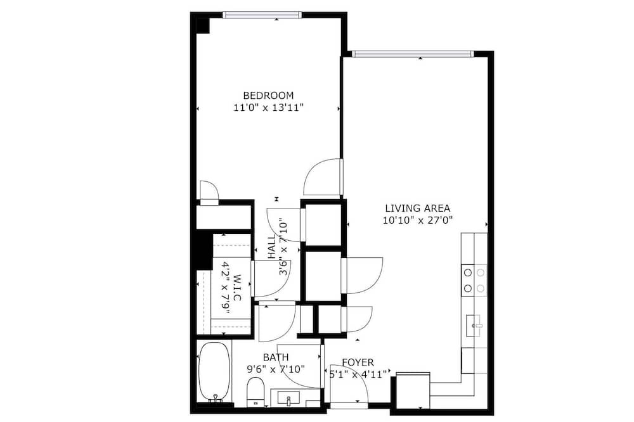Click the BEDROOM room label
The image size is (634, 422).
268,96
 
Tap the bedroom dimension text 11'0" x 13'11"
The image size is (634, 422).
268,108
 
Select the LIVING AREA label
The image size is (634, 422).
417,208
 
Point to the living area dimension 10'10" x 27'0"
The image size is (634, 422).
417,221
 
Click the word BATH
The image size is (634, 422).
276,357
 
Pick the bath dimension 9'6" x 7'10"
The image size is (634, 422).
276,369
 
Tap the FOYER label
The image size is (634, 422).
358,362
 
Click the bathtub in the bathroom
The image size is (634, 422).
214,372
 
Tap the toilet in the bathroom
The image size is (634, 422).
255,392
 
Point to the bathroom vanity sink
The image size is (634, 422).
288,398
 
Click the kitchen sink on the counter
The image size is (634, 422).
474,326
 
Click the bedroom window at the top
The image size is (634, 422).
262,15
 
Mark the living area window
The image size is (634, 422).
413,54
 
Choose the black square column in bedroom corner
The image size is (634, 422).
202,25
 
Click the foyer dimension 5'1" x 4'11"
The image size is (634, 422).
358,374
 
